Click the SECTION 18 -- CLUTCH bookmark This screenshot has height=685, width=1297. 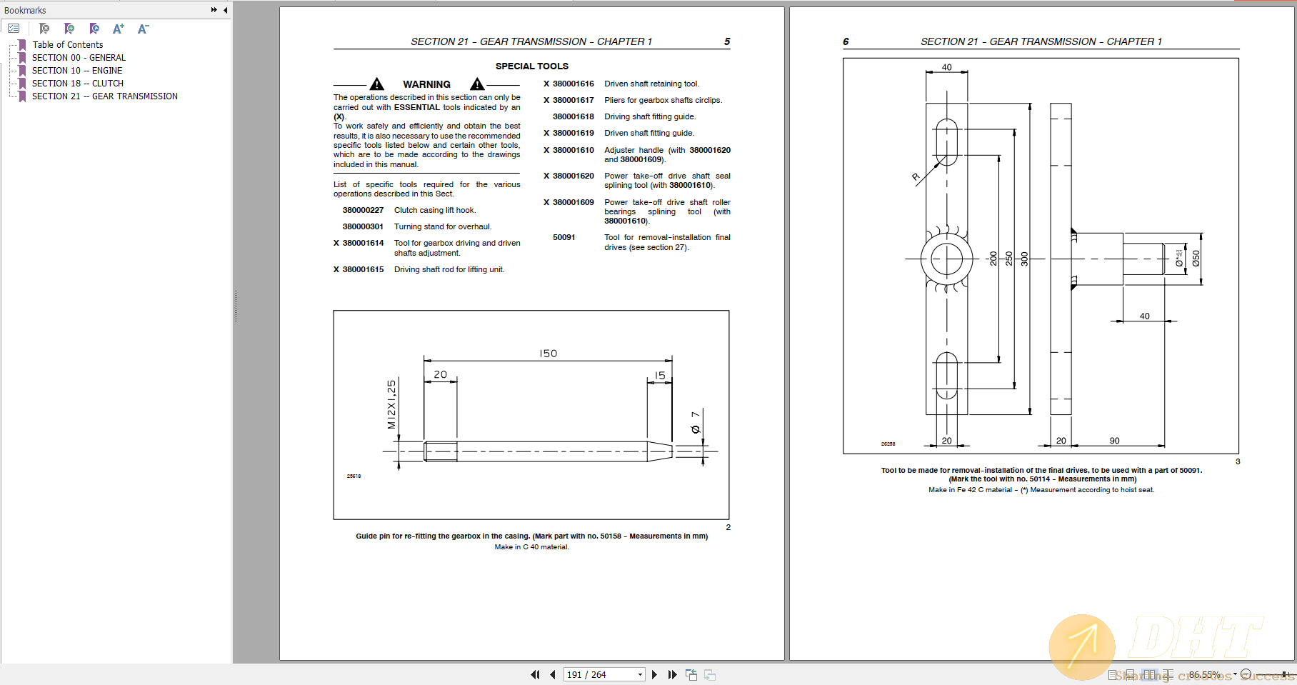(77, 84)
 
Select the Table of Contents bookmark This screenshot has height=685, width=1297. (67, 45)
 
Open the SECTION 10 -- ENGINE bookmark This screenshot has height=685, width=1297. (76, 71)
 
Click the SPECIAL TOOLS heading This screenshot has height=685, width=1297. (531, 66)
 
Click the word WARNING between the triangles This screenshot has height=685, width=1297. (426, 84)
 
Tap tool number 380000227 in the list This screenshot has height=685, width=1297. (363, 211)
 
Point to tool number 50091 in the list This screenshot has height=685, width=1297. (564, 238)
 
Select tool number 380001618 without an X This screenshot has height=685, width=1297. (573, 117)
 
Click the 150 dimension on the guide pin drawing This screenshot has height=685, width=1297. (548, 354)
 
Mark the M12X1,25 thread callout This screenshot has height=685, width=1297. (391, 404)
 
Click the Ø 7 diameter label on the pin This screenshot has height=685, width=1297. (695, 422)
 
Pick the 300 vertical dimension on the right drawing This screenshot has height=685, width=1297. (1024, 259)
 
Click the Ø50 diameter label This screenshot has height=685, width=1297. (1196, 259)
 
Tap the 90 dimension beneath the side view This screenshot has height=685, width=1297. (1114, 441)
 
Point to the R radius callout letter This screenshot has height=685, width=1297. (916, 176)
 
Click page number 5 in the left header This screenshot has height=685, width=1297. (727, 41)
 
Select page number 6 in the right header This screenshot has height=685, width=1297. (846, 41)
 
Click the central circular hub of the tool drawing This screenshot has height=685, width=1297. (946, 259)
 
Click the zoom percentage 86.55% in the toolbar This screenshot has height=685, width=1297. (1204, 675)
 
